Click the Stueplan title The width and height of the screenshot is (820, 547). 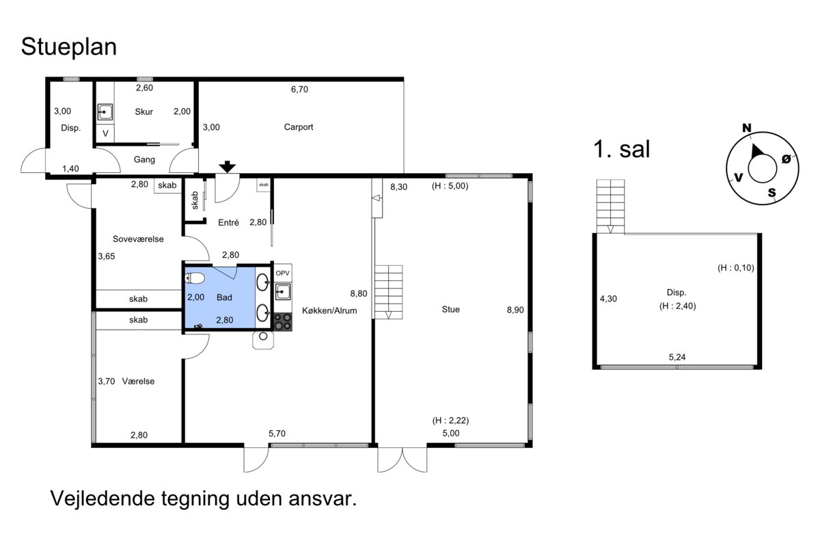click(69, 47)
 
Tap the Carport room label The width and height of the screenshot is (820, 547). click(299, 127)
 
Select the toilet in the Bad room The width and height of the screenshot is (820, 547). click(194, 278)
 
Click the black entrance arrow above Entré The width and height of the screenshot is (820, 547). click(228, 167)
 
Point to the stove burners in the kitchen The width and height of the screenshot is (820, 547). click(283, 322)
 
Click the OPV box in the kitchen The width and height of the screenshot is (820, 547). click(283, 273)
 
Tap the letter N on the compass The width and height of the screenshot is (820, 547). click(747, 128)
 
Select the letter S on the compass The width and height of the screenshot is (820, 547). click(771, 192)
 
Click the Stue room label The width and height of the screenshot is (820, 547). click(450, 310)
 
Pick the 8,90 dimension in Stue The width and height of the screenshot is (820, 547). click(515, 310)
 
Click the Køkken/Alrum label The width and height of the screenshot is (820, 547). click(329, 310)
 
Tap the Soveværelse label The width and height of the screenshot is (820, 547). click(138, 239)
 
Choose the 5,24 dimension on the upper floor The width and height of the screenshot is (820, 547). click(677, 357)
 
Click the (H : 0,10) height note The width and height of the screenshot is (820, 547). click(736, 268)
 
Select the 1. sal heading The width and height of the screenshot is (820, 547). click(622, 150)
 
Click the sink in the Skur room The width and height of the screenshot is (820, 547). click(105, 112)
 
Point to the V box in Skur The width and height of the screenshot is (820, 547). click(105, 133)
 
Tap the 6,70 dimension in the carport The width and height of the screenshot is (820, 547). click(299, 90)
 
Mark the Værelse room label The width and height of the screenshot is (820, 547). click(138, 382)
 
